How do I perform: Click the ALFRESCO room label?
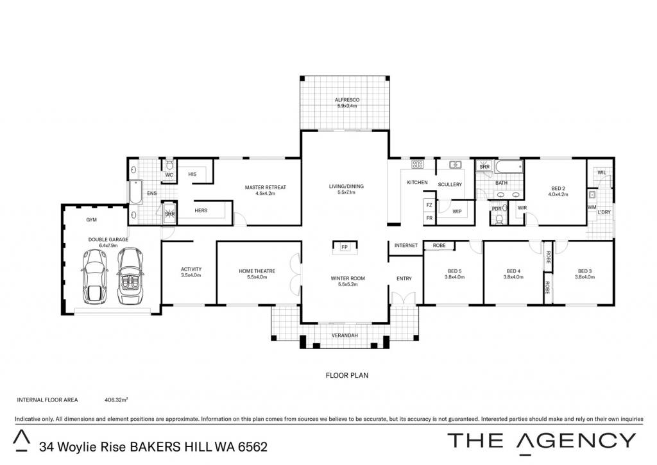(x=347, y=100)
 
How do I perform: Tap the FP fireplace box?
(x=345, y=247)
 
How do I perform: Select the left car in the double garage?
(x=94, y=277)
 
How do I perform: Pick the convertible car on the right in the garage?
(x=130, y=276)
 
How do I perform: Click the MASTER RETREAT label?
(x=266, y=187)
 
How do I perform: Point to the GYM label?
(x=91, y=219)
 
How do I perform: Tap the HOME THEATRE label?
(x=257, y=271)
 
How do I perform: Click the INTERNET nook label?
(x=406, y=246)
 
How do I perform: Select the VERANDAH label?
(x=345, y=335)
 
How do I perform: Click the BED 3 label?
(x=584, y=271)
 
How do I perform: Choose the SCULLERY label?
(x=450, y=184)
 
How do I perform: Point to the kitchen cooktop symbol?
(x=417, y=164)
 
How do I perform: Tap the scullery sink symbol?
(x=456, y=165)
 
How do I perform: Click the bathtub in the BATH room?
(x=509, y=167)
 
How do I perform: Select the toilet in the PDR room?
(x=499, y=219)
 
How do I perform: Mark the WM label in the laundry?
(x=592, y=207)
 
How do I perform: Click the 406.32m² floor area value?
(x=116, y=400)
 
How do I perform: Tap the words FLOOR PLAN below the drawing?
(x=347, y=375)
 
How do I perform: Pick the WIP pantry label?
(x=457, y=212)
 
